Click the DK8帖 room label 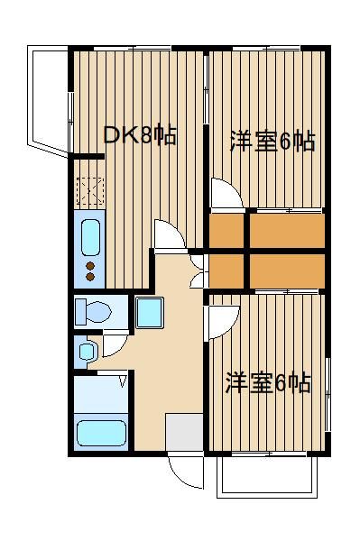point(141,135)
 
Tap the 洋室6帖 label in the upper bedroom point(272,142)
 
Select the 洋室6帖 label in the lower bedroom point(269,382)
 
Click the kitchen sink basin point(91,237)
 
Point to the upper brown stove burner point(90,266)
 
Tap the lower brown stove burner point(90,277)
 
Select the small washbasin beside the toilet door point(87,352)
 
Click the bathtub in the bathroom point(101,433)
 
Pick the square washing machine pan point(150,313)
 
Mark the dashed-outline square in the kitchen point(90,191)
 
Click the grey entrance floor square point(184,432)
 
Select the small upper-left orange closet point(226,231)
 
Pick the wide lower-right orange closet point(287,271)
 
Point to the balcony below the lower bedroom point(267,476)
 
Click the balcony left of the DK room point(48,100)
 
